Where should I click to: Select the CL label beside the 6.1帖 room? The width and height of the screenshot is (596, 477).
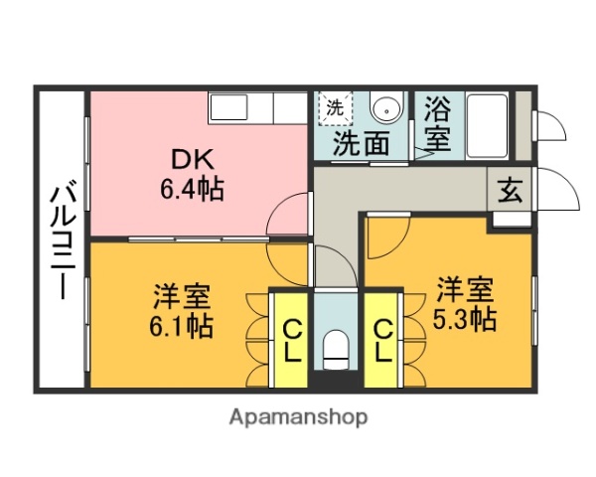pyautogui.click(x=292, y=341)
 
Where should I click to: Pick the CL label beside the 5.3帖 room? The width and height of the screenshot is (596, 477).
pyautogui.click(x=383, y=341)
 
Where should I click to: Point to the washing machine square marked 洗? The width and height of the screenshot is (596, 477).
pyautogui.click(x=335, y=107)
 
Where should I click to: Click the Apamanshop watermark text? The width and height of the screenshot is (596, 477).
pyautogui.click(x=297, y=417)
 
